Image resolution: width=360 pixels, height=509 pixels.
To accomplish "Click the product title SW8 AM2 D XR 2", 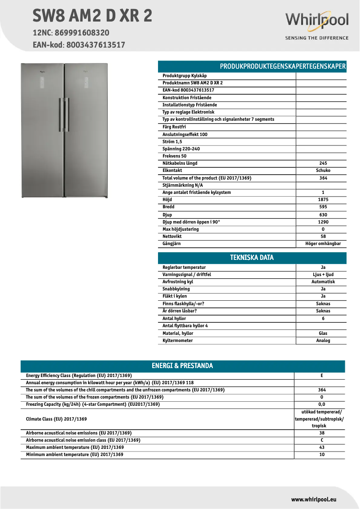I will (x=92, y=16).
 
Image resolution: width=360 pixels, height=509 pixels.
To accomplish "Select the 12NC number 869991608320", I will (x=82, y=33).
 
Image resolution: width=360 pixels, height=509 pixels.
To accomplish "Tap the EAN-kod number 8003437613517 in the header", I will (x=96, y=45).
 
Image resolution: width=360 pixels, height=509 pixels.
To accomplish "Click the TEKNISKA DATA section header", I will (x=252, y=258).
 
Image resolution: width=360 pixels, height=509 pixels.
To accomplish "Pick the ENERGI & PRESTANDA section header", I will (x=182, y=366).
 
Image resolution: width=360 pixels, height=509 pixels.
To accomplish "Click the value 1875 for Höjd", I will (x=323, y=200).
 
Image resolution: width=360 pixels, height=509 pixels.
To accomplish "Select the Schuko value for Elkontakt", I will (x=323, y=171).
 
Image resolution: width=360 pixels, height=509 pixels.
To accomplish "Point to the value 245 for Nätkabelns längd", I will (x=323, y=163).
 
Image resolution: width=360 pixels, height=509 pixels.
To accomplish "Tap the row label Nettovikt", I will (x=172, y=237).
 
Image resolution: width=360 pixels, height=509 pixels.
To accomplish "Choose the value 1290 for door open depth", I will (x=323, y=222).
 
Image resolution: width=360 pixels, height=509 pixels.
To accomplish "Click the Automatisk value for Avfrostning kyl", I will (x=323, y=282).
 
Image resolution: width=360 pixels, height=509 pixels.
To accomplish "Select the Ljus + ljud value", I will (x=323, y=275).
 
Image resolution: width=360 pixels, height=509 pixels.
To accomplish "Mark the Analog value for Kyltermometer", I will (x=323, y=341).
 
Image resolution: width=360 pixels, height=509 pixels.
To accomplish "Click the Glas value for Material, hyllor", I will (x=323, y=333).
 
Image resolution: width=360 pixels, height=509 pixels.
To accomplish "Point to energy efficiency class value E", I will (x=321, y=376).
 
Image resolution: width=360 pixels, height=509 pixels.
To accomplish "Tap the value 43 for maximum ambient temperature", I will (x=321, y=448).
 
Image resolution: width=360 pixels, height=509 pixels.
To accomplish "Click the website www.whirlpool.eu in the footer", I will (x=314, y=499).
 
